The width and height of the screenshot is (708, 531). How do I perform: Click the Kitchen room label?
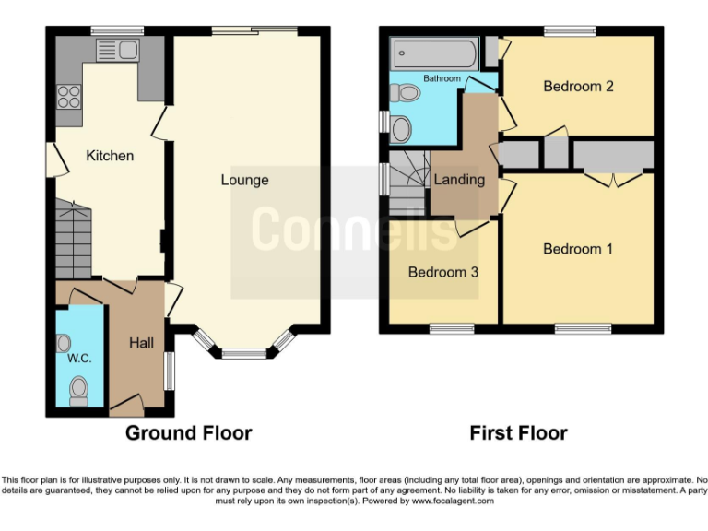110,156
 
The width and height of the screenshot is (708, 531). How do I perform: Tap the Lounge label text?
244,180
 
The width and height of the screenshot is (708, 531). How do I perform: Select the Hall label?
141,343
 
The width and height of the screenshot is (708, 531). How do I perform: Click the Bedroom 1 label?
578,249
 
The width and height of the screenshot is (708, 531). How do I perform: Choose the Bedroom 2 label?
578,87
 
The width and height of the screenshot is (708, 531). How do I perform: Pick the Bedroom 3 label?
443,272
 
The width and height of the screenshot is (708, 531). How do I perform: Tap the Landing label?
459,180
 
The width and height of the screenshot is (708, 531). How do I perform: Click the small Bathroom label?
442,79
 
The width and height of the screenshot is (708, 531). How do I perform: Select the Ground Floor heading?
188,432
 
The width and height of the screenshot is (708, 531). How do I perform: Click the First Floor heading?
518,432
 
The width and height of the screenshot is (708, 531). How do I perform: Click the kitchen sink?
117,50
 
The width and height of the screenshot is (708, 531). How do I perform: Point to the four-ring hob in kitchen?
69,97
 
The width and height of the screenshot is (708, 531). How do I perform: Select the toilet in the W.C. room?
78,389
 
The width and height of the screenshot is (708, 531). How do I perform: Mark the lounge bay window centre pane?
242,352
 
